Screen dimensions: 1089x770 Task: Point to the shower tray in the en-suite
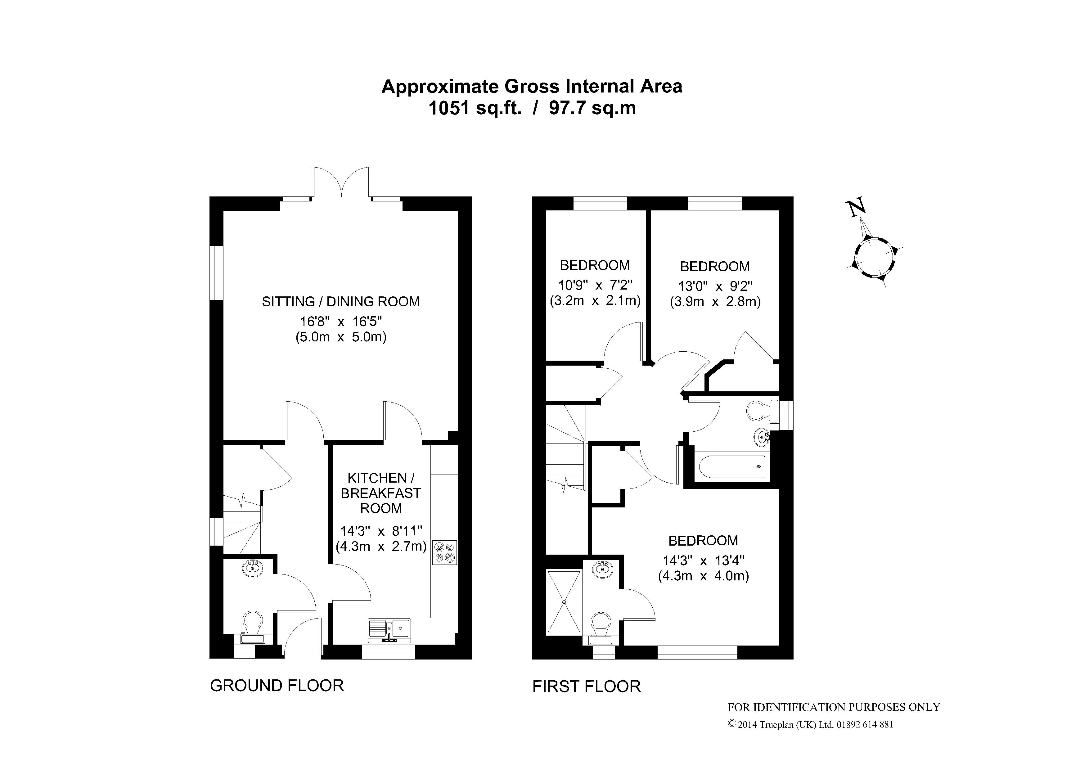564,602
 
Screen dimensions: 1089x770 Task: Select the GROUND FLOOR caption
277,686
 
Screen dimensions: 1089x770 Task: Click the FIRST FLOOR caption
587,687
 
